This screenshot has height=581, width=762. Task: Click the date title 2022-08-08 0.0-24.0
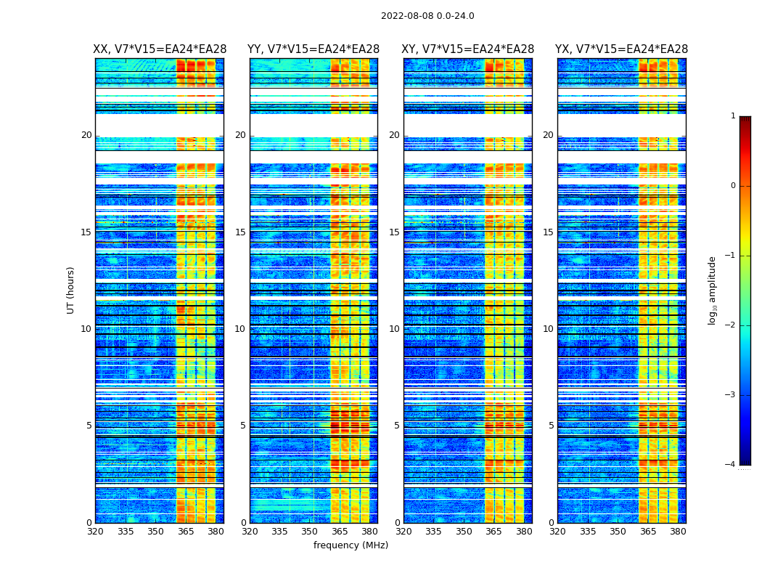point(427,16)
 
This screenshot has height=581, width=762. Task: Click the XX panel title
point(160,49)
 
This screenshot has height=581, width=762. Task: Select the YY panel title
point(314,49)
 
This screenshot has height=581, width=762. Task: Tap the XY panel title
point(468,49)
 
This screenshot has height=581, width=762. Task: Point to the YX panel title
point(622,49)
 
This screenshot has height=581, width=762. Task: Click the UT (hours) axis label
point(71,290)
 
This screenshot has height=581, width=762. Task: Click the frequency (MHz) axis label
point(351,545)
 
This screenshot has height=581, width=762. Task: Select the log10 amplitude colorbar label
point(713,290)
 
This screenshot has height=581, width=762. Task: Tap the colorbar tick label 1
point(733,116)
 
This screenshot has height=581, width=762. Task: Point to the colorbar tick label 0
point(733,186)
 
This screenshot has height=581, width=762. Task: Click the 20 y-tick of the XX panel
point(86,135)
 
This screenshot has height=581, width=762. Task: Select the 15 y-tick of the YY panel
point(240,232)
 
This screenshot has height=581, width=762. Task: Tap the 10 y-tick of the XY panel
point(394,329)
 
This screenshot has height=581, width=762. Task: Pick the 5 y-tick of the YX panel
point(551,426)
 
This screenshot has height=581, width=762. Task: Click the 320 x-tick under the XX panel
point(95,532)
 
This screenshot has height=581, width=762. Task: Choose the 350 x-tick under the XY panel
point(464,532)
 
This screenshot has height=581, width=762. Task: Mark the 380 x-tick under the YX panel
point(678,532)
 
